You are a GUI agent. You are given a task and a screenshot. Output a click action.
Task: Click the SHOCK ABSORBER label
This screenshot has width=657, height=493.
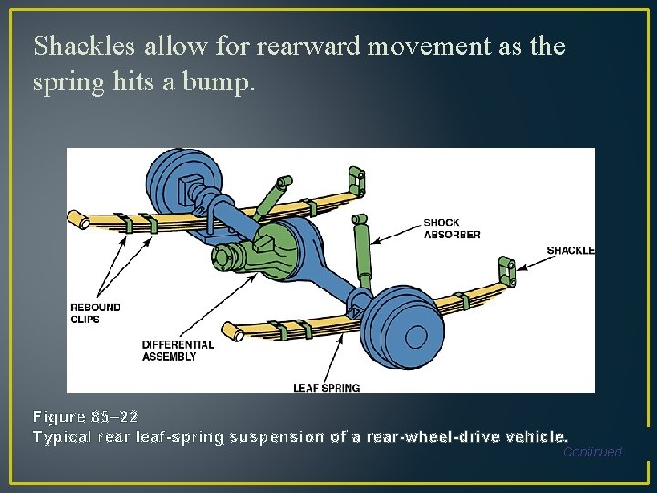pos(452,228)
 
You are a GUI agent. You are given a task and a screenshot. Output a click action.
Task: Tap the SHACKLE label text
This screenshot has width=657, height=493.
pos(570,250)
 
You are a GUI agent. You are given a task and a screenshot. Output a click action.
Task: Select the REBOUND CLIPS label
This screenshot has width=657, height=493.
pos(96,313)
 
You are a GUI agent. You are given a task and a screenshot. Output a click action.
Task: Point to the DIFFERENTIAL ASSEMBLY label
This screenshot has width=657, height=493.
pos(178,351)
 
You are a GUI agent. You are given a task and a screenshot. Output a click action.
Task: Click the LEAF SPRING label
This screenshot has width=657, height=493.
pos(326,388)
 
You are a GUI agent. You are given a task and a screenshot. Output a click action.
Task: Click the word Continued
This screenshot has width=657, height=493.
pos(592,452)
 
